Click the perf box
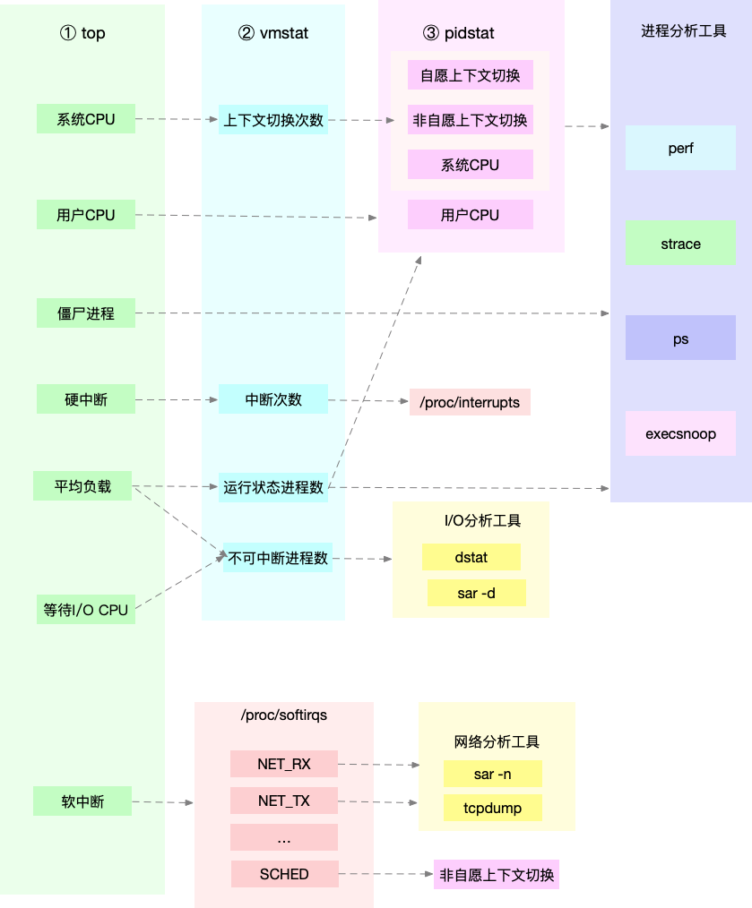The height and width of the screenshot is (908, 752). click(x=680, y=148)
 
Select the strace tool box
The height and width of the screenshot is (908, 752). click(x=680, y=244)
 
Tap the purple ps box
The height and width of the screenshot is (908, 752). click(x=680, y=338)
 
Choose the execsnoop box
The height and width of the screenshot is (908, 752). click(x=680, y=434)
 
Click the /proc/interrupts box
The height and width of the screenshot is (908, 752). click(x=470, y=402)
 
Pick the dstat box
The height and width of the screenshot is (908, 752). click(x=471, y=557)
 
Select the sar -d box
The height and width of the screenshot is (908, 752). click(x=476, y=593)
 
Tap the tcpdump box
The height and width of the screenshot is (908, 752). click(x=492, y=808)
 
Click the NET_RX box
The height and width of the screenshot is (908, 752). click(x=283, y=764)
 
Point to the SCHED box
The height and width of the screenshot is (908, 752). click(x=284, y=874)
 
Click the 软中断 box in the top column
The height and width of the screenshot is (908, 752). click(x=82, y=801)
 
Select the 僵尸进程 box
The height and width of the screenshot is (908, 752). click(x=86, y=313)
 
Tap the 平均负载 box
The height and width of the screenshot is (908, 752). click(x=82, y=486)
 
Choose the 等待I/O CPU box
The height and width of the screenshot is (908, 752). click(x=86, y=610)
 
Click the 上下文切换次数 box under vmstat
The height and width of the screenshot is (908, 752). click(x=273, y=119)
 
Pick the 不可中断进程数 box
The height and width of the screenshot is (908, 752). click(x=277, y=558)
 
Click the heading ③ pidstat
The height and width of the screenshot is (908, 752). click(x=458, y=34)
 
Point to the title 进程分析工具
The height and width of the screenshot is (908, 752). click(x=683, y=30)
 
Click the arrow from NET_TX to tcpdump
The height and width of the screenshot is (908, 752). click(x=377, y=802)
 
